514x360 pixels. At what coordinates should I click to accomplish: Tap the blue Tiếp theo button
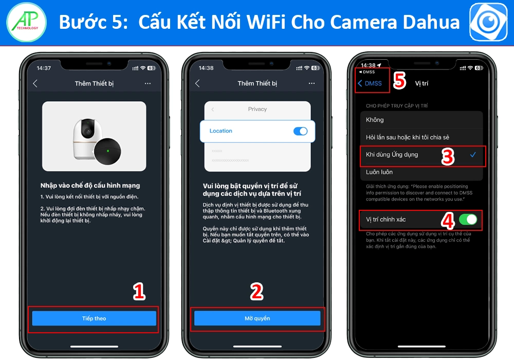[x=94, y=318]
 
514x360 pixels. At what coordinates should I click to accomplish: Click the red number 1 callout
[x=139, y=292]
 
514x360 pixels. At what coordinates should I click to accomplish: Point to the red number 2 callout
[x=256, y=292]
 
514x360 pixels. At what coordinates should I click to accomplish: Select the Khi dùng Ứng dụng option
[x=392, y=154]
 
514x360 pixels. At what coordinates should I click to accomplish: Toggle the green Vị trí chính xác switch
[x=468, y=220]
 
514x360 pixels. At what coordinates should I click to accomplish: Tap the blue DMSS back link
[x=370, y=83]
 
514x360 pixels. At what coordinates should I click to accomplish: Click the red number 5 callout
[x=399, y=81]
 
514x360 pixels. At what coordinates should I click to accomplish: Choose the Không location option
[x=375, y=120]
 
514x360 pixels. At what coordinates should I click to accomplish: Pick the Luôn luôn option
[x=379, y=172]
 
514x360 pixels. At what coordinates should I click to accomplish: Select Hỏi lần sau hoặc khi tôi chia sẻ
[x=407, y=137]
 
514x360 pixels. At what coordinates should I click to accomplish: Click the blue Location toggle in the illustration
[x=300, y=131]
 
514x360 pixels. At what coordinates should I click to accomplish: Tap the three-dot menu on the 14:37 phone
[x=148, y=83]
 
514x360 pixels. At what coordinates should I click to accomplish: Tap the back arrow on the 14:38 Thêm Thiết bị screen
[x=197, y=83]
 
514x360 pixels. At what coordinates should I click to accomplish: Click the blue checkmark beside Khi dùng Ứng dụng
[x=473, y=154]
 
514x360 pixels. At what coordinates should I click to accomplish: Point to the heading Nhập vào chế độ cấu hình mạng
[x=90, y=185]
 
